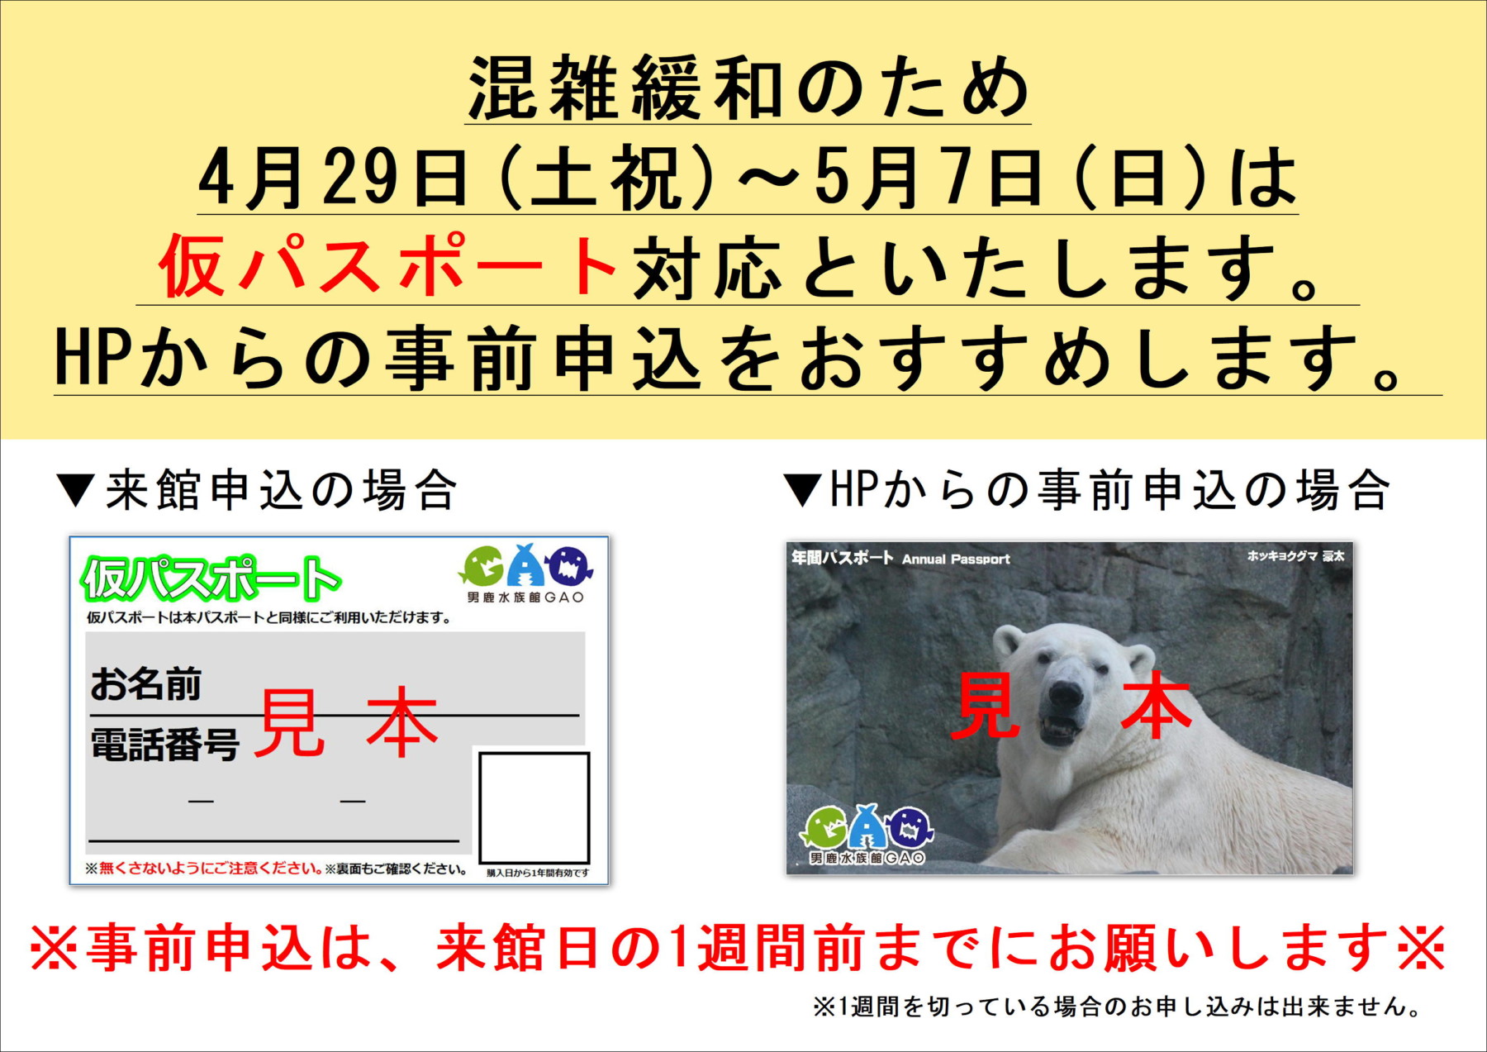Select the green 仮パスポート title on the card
coord(211,578)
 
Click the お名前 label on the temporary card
coord(146,684)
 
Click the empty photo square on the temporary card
coord(534,807)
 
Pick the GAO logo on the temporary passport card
coord(526,574)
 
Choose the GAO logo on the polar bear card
coord(867,834)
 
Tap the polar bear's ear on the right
coord(1139,661)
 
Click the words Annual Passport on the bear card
coord(956,559)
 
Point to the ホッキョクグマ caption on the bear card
coord(1282,556)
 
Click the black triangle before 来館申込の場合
coord(76,490)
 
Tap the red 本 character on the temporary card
coord(402,722)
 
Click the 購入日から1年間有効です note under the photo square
coord(538,873)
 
